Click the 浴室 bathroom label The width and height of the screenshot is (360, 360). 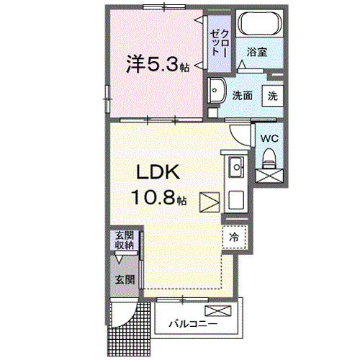(x=258, y=52)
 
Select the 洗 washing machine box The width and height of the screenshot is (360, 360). (x=273, y=95)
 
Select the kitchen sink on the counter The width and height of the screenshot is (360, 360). (x=236, y=170)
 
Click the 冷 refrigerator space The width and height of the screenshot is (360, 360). (x=235, y=236)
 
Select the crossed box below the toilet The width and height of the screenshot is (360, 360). (x=269, y=175)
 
